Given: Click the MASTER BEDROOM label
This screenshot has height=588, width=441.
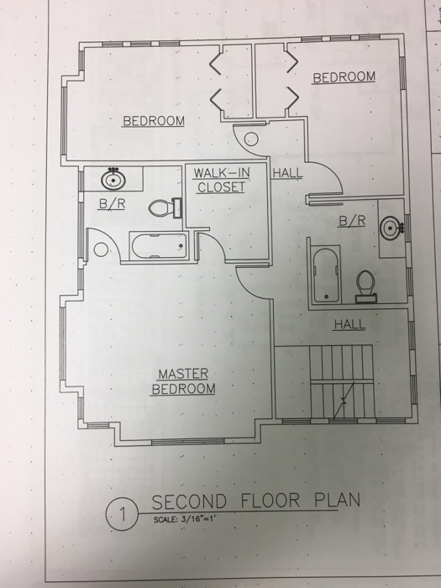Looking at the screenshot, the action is pyautogui.click(x=183, y=381).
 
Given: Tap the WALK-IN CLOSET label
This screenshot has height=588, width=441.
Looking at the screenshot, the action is pyautogui.click(x=221, y=180).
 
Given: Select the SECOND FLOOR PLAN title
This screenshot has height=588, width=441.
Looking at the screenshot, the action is pyautogui.click(x=256, y=501).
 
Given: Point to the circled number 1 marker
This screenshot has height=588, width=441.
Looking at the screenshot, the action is pyautogui.click(x=123, y=514).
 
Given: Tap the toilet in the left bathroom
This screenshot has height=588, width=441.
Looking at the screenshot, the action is pyautogui.click(x=165, y=207).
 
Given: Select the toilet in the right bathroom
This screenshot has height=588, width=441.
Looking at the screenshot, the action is pyautogui.click(x=365, y=286).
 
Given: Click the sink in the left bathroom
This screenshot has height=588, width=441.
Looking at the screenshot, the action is pyautogui.click(x=113, y=179).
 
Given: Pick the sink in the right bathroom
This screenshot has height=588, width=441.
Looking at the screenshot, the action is pyautogui.click(x=392, y=227).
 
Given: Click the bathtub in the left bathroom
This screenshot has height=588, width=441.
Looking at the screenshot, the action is pyautogui.click(x=159, y=246).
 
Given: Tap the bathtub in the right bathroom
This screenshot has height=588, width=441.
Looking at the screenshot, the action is pyautogui.click(x=326, y=275).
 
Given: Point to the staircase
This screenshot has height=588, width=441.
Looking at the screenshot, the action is pyautogui.click(x=342, y=381).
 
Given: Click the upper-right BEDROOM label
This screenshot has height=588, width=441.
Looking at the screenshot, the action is pyautogui.click(x=344, y=77).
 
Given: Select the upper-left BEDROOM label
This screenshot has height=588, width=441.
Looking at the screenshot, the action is pyautogui.click(x=154, y=121).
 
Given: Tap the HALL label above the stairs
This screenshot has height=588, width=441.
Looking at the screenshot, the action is pyautogui.click(x=349, y=324).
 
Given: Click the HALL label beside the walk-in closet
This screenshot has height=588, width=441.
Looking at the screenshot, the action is pyautogui.click(x=287, y=173).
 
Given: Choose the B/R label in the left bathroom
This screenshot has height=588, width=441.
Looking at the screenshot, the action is pyautogui.click(x=112, y=204).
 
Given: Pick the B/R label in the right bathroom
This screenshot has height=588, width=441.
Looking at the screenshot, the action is pyautogui.click(x=352, y=221).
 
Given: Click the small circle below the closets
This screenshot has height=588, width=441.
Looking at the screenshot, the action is pyautogui.click(x=251, y=139).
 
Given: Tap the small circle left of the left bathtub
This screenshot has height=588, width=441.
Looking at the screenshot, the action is pyautogui.click(x=101, y=249).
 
